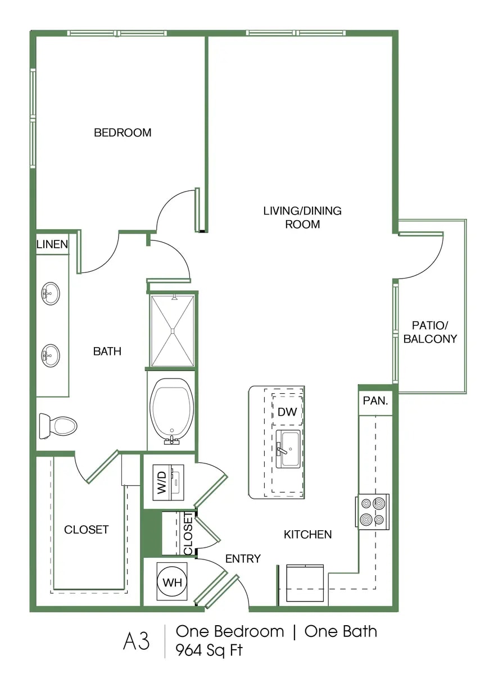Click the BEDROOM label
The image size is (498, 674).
(x=123, y=133)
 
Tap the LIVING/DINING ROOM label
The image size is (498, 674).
(x=302, y=217)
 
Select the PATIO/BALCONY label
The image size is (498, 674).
(x=430, y=332)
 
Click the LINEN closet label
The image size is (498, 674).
(x=52, y=244)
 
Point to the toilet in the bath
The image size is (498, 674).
(x=58, y=426)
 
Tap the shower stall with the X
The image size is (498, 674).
(x=173, y=331)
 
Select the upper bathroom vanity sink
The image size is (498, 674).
(x=51, y=294)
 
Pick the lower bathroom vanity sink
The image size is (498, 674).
(x=51, y=356)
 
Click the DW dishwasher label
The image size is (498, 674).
(x=287, y=412)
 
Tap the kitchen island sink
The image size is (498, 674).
(x=288, y=449)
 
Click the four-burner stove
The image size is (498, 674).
(x=372, y=512)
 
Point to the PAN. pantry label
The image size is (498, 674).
(x=375, y=401)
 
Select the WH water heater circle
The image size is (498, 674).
(x=172, y=582)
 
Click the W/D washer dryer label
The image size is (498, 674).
(x=162, y=482)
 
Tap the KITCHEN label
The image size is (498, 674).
(x=307, y=535)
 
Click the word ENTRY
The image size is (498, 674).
(x=243, y=558)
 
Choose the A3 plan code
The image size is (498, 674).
(x=136, y=641)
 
